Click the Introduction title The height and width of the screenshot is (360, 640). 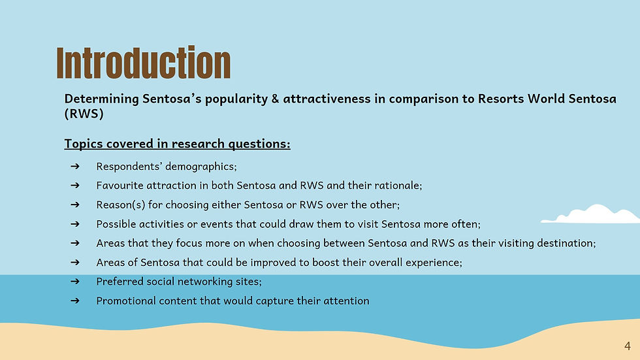tap(143, 63)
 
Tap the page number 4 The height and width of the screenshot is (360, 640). tap(628, 346)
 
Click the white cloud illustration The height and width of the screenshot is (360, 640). tap(590, 214)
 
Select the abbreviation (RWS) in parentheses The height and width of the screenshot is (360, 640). tap(84, 114)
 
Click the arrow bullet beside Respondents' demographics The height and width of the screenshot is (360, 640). tap(74, 166)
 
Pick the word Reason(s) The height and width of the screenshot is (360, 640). tap(120, 205)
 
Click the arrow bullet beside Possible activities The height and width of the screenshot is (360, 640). tap(74, 223)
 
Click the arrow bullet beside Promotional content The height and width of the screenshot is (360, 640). tap(74, 301)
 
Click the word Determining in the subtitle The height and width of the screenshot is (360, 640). tap(102, 99)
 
